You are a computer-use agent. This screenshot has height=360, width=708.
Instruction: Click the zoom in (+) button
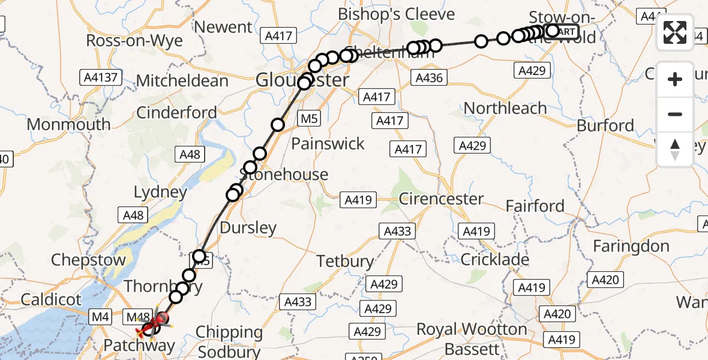[675, 80]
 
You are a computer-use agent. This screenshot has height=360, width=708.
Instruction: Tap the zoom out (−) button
[675, 115]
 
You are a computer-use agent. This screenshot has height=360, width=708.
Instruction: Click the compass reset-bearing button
[675, 149]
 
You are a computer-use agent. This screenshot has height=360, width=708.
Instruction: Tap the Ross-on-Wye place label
[134, 40]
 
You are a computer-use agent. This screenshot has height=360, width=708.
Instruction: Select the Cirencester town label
[441, 199]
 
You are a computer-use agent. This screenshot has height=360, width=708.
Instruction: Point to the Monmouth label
[69, 124]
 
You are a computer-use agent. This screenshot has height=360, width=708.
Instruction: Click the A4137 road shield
[101, 77]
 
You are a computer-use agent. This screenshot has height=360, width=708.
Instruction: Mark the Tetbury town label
[346, 262]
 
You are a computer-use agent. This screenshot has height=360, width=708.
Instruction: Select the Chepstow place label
[89, 260]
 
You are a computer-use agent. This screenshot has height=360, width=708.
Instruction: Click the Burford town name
[605, 125]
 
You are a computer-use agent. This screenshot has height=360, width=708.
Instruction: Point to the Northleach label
[505, 108]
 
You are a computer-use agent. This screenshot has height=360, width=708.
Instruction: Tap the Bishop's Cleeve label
[397, 14]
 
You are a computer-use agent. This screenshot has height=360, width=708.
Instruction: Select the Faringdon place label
[631, 246]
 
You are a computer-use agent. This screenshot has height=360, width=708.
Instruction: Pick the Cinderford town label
[177, 112]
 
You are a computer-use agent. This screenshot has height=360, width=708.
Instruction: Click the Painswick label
[328, 143]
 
